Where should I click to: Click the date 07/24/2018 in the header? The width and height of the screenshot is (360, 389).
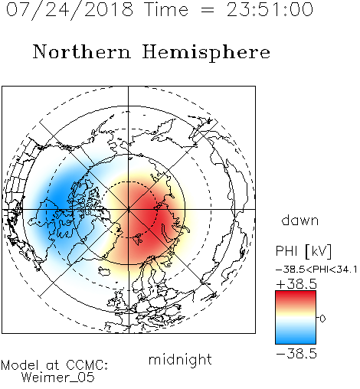70,10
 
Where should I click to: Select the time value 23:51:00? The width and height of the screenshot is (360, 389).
270,10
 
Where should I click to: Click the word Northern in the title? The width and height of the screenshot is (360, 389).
82,52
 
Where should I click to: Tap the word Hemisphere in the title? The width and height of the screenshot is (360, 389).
206,53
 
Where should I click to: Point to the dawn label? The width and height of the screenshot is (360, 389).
300,221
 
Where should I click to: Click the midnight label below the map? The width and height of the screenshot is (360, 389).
180,360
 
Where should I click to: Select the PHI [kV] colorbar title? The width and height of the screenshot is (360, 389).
303,251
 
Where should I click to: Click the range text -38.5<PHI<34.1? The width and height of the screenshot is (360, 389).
316,270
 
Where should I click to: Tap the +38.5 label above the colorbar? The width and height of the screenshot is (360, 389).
296,284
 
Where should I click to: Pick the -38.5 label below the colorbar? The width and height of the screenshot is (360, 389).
296,354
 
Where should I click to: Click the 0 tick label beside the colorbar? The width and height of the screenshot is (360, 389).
322,319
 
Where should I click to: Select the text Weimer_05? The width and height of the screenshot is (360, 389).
57,378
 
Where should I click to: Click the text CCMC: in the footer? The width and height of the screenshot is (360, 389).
87,365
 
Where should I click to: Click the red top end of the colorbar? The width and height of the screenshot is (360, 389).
296,293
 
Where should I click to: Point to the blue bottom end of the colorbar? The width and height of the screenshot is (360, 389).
296,342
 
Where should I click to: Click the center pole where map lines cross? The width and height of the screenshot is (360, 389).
129,209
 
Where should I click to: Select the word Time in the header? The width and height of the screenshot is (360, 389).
166,10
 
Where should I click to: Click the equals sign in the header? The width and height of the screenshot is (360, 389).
208,11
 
